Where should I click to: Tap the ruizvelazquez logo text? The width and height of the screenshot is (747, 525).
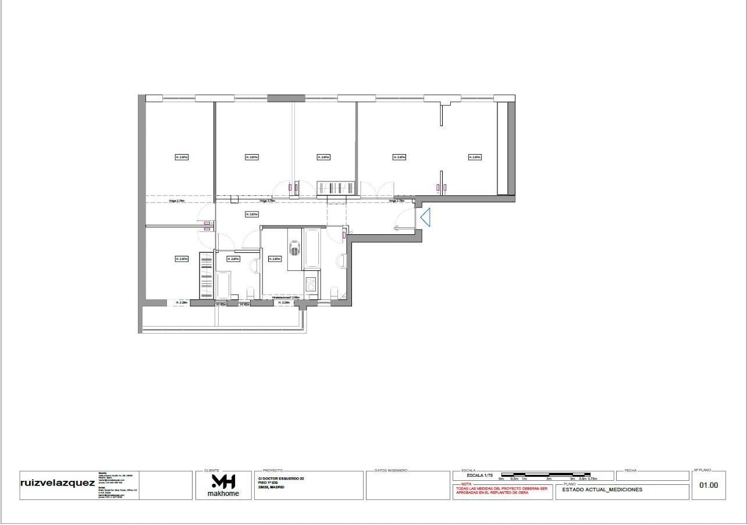tap(57, 483)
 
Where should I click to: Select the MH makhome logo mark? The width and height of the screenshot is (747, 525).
tap(223, 481)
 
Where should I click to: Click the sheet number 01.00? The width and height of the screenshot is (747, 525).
tap(709, 485)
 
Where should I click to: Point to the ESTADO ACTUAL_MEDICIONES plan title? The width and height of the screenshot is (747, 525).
tap(602, 490)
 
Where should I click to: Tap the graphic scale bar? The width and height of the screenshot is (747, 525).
tap(546, 475)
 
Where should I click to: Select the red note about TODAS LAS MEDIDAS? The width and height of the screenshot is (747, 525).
tap(501, 491)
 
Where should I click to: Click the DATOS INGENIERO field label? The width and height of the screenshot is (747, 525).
tap(391, 470)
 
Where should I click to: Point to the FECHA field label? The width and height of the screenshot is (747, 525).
tap(630, 470)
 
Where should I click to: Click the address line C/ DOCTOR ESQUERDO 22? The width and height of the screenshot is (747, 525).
tap(281, 478)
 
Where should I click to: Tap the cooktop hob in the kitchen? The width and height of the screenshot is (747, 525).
tap(311, 284)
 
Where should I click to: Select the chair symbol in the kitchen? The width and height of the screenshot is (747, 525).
tap(295, 249)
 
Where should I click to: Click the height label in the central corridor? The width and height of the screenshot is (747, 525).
tap(251, 215)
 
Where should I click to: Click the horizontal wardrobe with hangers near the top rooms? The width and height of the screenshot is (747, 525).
tap(336, 188)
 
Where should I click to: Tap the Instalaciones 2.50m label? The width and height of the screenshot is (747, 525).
tap(286, 298)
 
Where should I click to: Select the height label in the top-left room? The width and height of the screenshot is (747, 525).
tap(182, 157)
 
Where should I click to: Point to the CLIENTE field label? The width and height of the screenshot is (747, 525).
tap(212, 470)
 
